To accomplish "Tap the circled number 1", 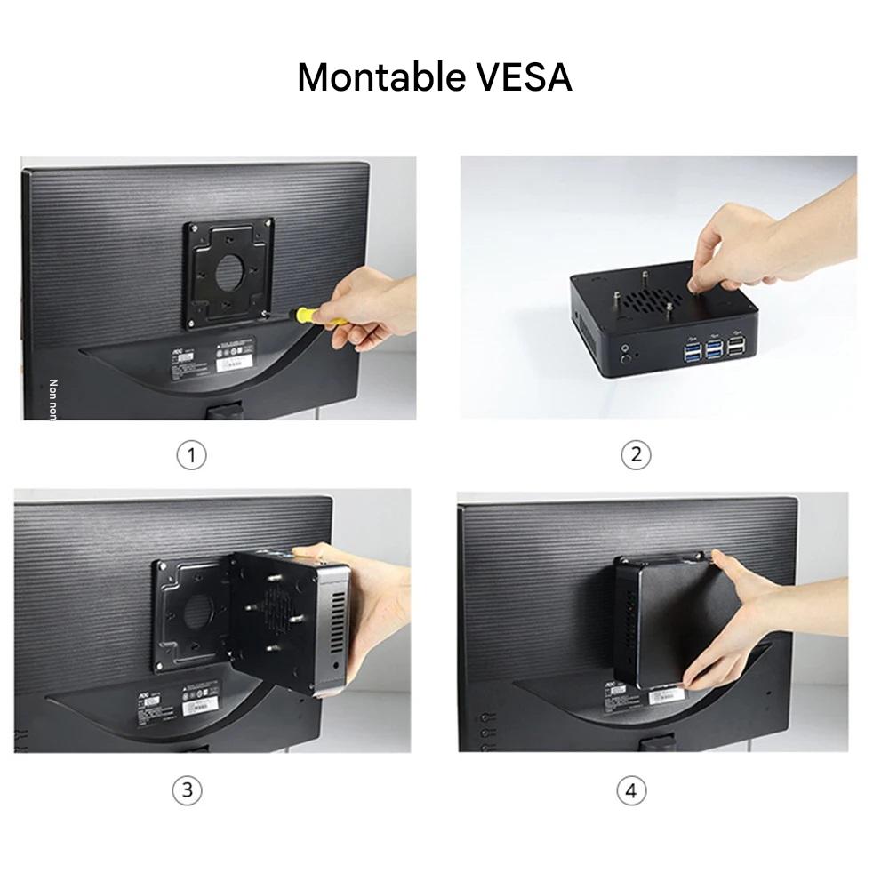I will [x=191, y=455].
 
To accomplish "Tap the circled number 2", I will [x=636, y=455].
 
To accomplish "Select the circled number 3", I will [x=187, y=790].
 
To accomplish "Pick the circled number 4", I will [x=631, y=790].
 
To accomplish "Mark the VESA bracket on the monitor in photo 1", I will [x=229, y=272].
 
